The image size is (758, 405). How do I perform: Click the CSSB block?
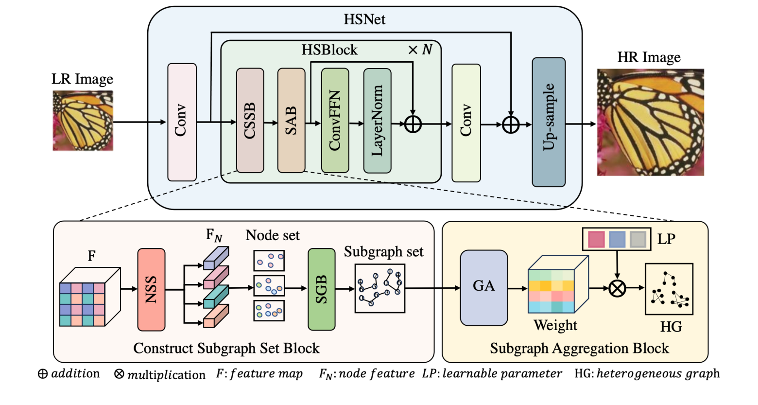(x=250, y=121)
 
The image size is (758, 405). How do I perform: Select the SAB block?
(x=291, y=121)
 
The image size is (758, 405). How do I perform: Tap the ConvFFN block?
(x=335, y=121)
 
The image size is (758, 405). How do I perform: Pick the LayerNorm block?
(x=377, y=121)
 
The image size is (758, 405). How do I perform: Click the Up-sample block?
(x=549, y=122)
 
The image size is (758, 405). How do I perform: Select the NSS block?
(x=151, y=289)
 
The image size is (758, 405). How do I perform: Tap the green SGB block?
(x=321, y=289)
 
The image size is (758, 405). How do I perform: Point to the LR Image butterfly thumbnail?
(x=83, y=120)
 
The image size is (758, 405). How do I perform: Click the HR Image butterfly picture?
(x=650, y=122)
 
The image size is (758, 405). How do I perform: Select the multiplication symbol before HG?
(x=617, y=288)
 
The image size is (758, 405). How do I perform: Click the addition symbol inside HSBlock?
(x=413, y=124)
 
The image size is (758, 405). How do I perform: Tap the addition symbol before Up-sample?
(x=511, y=124)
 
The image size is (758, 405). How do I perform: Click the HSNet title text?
(x=364, y=19)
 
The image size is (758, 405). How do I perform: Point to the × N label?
(x=420, y=50)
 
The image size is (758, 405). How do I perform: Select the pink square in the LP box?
(x=596, y=239)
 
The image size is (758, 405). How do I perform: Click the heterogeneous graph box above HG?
(x=669, y=289)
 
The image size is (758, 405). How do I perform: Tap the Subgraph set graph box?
(x=379, y=288)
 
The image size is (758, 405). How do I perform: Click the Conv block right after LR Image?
(x=182, y=122)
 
